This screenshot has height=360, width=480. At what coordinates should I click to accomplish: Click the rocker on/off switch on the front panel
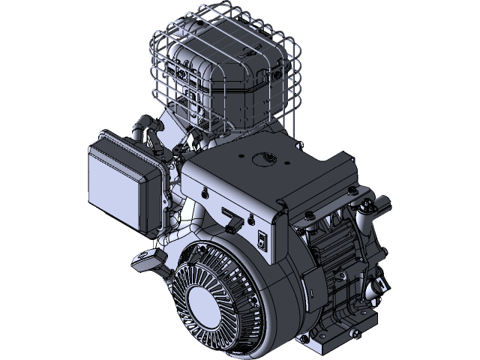tap(261, 241)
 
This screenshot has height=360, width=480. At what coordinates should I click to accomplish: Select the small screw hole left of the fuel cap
tap(241, 157)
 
